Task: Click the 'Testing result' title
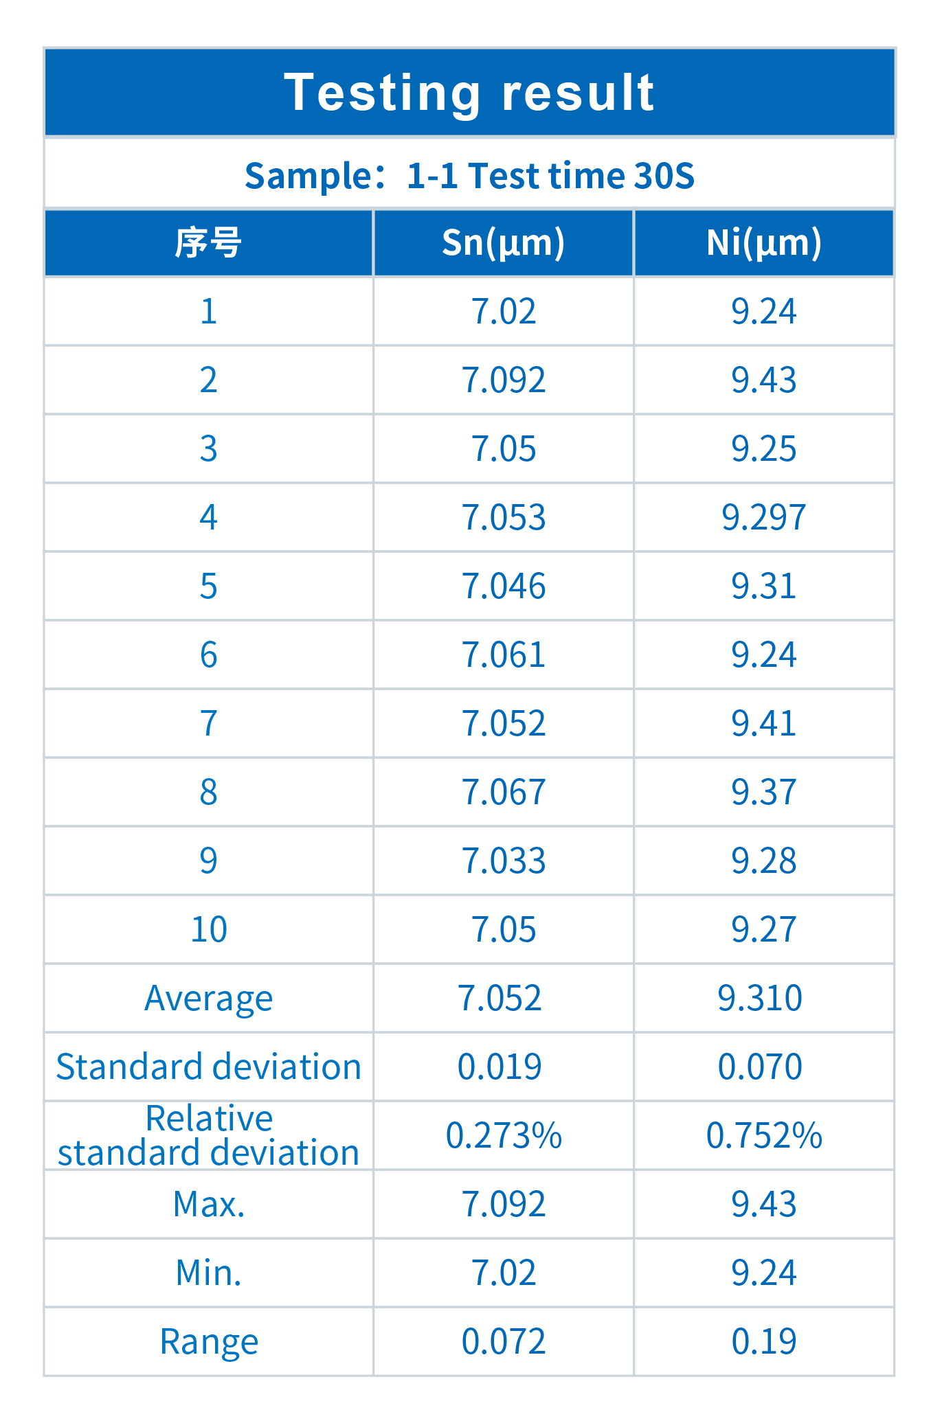(469, 93)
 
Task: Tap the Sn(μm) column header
(503, 242)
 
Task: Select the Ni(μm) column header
(763, 242)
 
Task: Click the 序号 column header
(208, 243)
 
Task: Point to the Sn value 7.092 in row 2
(504, 380)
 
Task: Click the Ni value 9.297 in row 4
(763, 517)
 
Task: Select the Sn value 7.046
(504, 586)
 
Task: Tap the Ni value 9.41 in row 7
(763, 723)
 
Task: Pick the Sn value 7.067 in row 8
(504, 792)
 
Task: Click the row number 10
(208, 929)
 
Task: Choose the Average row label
(208, 998)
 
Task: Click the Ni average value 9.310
(760, 998)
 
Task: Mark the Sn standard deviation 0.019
(500, 1067)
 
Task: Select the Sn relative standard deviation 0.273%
(504, 1135)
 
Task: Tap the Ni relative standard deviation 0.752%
(763, 1135)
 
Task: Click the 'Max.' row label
(208, 1204)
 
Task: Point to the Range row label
(208, 1341)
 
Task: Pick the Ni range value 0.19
(763, 1341)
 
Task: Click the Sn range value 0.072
(504, 1341)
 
